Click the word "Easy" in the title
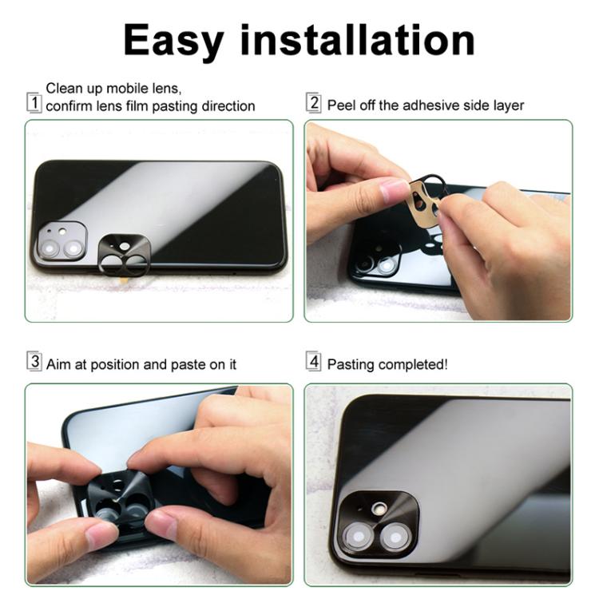(173, 42)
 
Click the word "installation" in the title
(358, 40)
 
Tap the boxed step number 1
(34, 103)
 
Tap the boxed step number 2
(314, 103)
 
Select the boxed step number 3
(34, 361)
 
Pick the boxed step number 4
(314, 361)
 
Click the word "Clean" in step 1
(65, 88)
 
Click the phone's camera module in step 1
(61, 241)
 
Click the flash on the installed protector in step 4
(380, 508)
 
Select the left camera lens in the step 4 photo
(359, 537)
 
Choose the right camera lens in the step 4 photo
(396, 538)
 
